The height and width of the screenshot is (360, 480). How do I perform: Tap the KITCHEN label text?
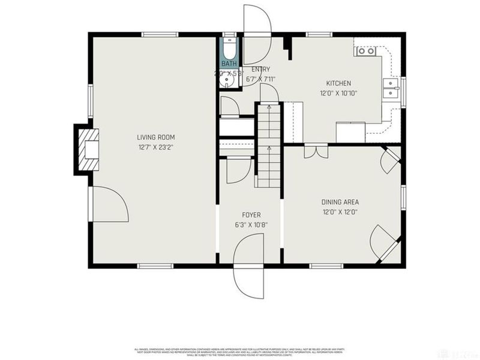(338, 83)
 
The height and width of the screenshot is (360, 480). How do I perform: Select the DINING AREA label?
(340, 202)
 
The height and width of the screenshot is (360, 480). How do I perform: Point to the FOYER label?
(251, 215)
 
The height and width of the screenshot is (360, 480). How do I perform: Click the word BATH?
(229, 64)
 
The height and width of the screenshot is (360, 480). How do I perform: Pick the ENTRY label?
(260, 69)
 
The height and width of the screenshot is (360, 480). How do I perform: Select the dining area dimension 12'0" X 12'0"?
(340, 212)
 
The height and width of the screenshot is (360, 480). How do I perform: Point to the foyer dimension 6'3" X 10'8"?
(251, 225)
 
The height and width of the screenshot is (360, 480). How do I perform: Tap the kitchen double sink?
(391, 88)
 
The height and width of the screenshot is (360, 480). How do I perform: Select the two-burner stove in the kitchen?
(365, 51)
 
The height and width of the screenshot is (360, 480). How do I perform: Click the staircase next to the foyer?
(269, 144)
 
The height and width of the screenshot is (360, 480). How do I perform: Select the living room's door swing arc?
(111, 204)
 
